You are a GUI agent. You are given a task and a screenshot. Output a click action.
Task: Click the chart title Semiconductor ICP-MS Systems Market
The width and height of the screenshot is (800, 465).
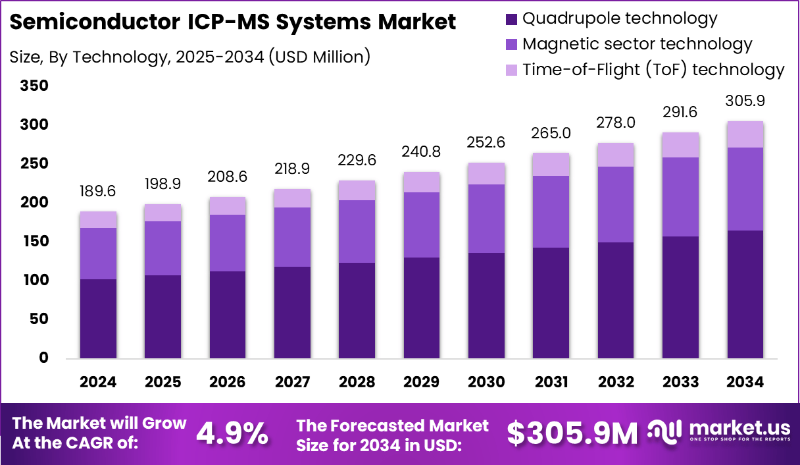tap(233, 22)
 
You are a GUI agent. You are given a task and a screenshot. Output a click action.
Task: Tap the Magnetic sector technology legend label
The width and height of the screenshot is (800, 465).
tap(636, 44)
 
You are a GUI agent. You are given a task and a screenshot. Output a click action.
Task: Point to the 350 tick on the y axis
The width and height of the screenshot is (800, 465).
tap(34, 86)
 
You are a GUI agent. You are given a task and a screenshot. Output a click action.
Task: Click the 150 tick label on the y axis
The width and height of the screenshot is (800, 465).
tap(34, 242)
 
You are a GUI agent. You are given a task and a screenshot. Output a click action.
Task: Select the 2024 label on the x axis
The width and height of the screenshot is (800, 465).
tap(98, 383)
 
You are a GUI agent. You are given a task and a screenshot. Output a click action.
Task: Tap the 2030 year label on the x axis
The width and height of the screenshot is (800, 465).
tap(486, 383)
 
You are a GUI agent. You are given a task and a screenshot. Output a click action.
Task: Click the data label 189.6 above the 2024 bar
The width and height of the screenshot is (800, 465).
tap(98, 192)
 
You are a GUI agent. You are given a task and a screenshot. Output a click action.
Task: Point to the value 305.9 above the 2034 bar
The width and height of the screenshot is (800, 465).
tap(745, 101)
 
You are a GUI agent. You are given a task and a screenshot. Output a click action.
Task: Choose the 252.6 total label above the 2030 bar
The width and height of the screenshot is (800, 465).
tap(486, 143)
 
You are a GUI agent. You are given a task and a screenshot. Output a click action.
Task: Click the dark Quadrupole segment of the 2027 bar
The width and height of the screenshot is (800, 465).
tap(292, 312)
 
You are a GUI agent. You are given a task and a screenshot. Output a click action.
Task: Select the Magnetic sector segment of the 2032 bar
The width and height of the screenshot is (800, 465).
tap(616, 204)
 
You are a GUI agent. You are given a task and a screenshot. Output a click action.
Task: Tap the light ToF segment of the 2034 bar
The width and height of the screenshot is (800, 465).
tap(745, 134)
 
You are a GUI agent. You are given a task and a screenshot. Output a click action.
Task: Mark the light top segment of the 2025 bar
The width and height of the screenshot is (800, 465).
tap(162, 213)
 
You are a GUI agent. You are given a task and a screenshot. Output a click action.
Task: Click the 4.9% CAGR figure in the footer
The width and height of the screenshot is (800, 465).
tap(232, 433)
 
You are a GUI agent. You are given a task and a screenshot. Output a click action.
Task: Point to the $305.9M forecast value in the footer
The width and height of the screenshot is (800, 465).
tap(572, 433)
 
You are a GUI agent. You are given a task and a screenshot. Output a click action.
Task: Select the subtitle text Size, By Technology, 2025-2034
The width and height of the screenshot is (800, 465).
tap(190, 57)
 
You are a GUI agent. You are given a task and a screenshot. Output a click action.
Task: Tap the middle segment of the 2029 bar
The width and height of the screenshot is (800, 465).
tap(422, 225)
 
